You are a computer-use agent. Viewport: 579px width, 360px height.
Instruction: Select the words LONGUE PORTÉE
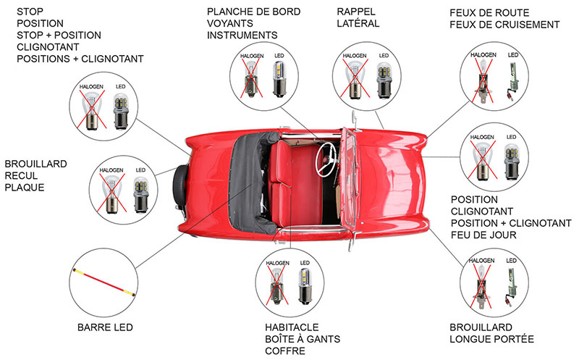[x=491, y=339]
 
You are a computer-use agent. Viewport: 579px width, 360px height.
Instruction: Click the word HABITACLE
[x=292, y=327]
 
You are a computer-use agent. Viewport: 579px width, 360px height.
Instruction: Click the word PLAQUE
[x=25, y=188]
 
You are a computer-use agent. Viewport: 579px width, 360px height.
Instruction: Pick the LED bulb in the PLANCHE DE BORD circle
[x=279, y=78]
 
